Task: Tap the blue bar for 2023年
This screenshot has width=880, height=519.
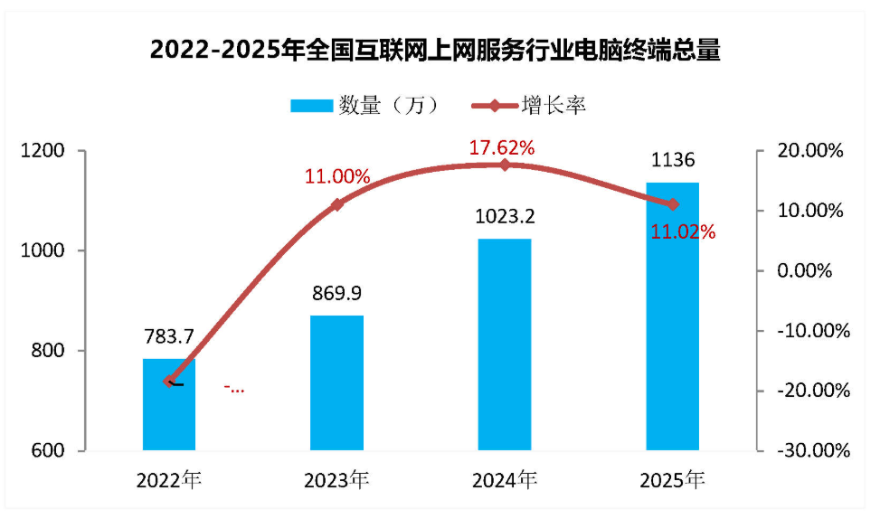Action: (336, 383)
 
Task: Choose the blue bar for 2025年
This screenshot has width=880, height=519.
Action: (672, 316)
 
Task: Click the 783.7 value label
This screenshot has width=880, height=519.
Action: (169, 337)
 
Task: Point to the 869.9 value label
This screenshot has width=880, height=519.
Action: (336, 294)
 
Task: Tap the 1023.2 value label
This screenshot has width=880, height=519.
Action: (505, 217)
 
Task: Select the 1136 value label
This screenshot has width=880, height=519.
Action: (672, 161)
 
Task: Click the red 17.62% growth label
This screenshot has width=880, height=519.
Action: (501, 146)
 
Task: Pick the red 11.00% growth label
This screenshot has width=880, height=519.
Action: (336, 177)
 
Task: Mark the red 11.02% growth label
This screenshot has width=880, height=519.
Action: (683, 232)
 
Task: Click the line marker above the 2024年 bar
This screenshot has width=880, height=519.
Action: (505, 165)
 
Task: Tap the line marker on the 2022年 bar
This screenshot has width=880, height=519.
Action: (169, 381)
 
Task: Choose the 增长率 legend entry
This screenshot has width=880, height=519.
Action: (530, 106)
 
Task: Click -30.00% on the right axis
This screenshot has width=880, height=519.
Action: (815, 450)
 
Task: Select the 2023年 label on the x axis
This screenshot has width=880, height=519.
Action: (336, 479)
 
